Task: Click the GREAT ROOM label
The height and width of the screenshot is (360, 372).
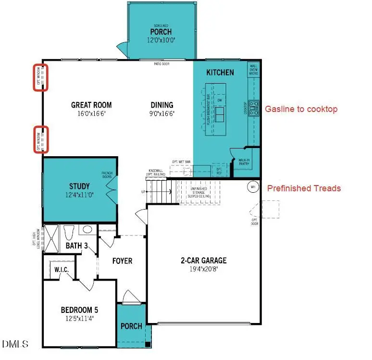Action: [x=91, y=105]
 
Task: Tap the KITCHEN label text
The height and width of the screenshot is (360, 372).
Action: [x=220, y=73]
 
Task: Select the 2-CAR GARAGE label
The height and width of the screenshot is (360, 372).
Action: [x=203, y=261]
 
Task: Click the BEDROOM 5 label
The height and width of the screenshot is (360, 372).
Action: [x=80, y=309]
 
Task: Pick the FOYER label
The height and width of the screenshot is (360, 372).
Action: [x=122, y=261]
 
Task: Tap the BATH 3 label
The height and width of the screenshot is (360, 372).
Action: [x=77, y=246]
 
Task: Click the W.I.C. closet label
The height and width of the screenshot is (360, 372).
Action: [x=62, y=270]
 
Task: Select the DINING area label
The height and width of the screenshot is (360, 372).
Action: [x=161, y=105]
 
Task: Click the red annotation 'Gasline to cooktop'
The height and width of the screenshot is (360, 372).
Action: [x=301, y=109]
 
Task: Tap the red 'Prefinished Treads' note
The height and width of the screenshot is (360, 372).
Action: [x=304, y=188]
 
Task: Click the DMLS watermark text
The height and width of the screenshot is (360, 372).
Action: [x=15, y=344]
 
